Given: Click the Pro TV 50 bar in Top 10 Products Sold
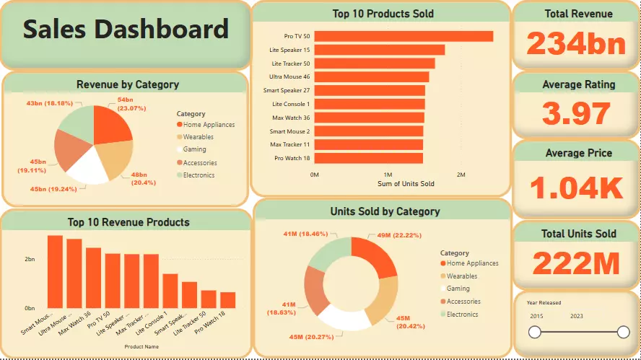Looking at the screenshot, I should (404, 36).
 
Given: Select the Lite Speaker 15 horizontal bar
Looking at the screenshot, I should (380, 50).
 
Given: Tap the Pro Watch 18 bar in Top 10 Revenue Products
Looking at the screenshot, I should (228, 300).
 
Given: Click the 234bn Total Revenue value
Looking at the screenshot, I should (575, 44).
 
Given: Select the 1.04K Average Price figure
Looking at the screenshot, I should (576, 188).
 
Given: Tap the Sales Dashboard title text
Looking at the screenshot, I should (126, 30).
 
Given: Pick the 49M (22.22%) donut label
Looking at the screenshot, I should (394, 235).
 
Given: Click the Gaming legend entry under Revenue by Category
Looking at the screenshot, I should (194, 149).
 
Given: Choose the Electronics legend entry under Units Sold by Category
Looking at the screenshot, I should (462, 315).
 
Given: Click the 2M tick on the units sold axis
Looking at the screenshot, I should (461, 175).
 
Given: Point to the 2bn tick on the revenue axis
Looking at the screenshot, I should (30, 258).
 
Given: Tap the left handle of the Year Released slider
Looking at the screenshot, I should (535, 332).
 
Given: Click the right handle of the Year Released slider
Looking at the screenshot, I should (624, 332).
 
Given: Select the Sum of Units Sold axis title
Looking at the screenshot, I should (406, 184).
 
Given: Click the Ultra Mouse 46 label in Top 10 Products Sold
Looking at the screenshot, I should (289, 76).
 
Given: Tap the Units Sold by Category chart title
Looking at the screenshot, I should (385, 211).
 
